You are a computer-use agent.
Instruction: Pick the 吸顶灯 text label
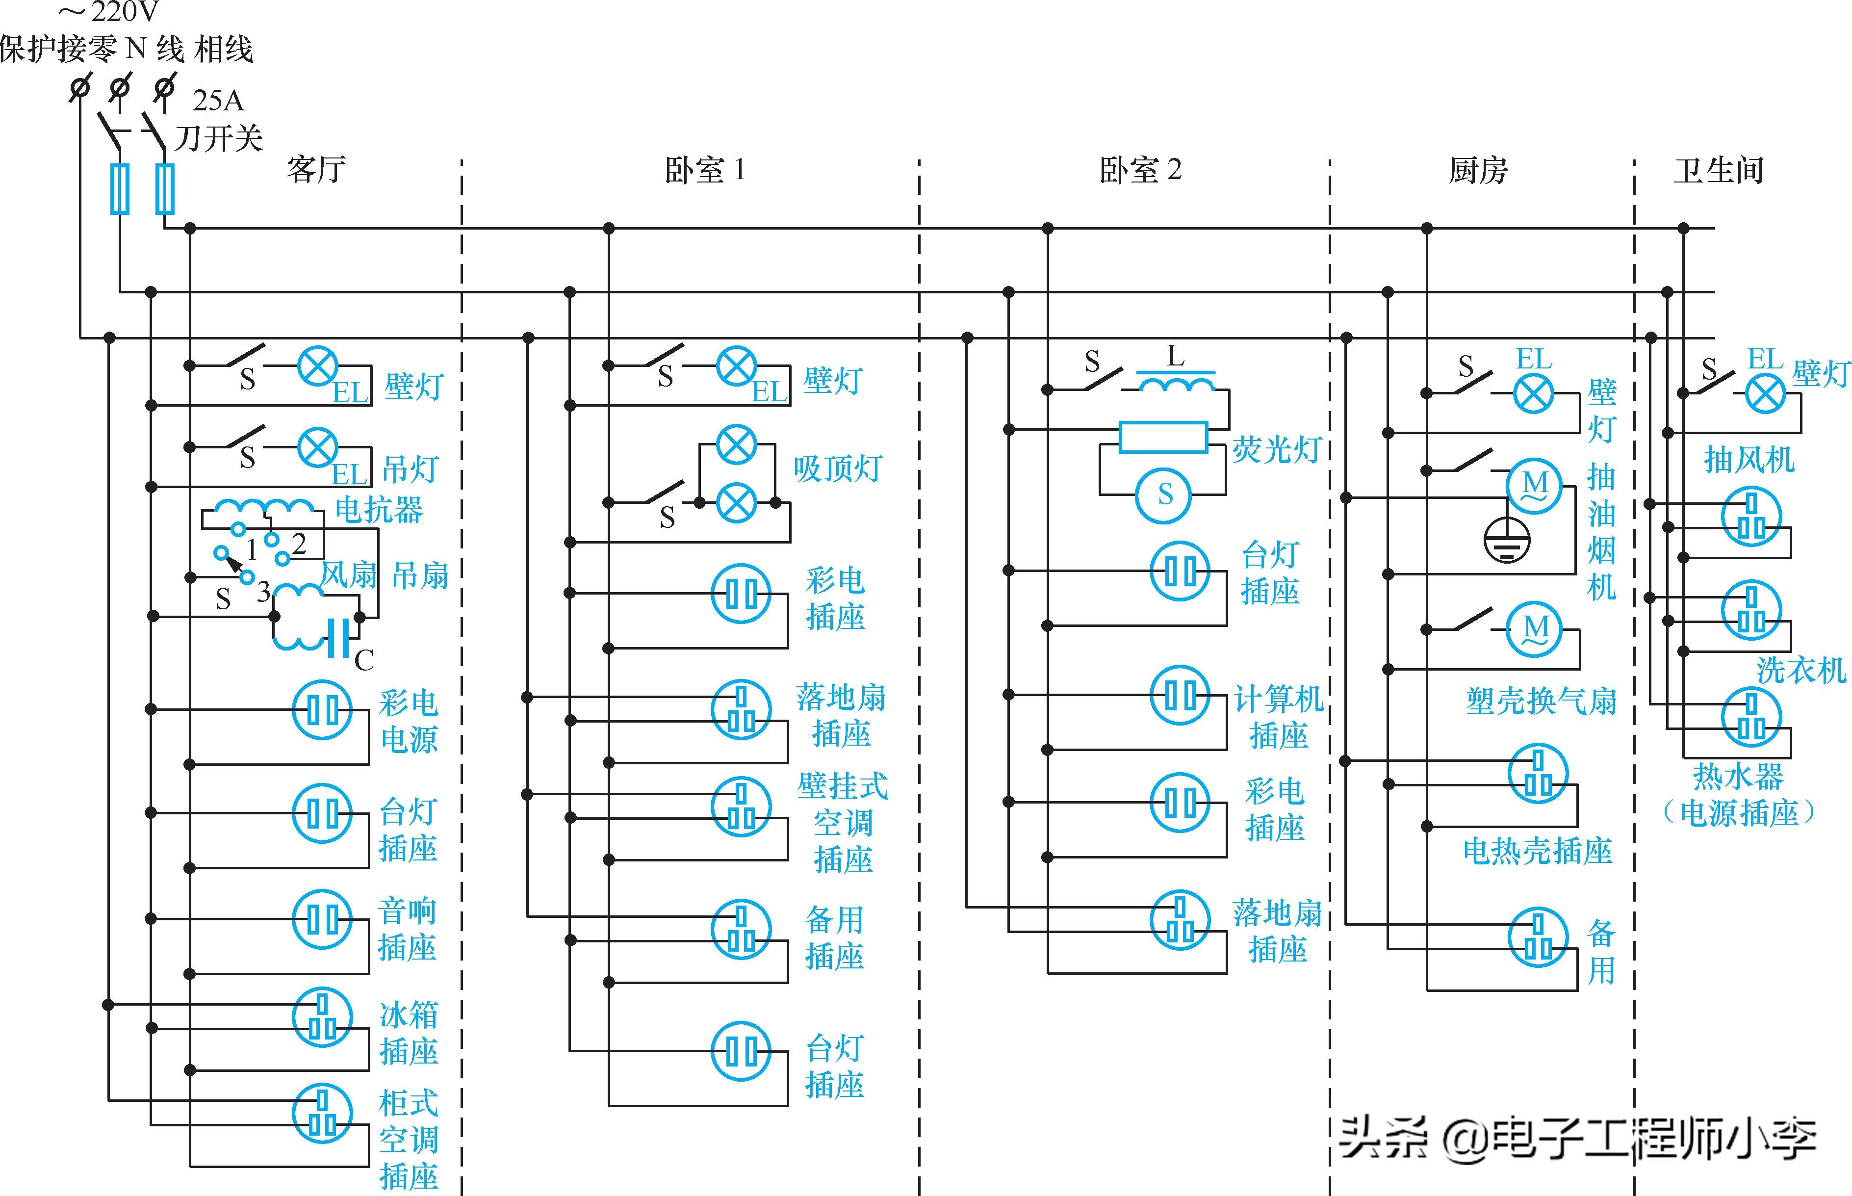point(838,468)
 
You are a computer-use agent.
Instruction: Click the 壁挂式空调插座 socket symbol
point(741,806)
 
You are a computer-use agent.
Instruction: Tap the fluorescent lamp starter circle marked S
point(1164,494)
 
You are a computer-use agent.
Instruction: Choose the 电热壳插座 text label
point(1538,851)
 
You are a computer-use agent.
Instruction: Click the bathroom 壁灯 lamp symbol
point(1765,394)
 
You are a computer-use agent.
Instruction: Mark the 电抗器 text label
point(379,510)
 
